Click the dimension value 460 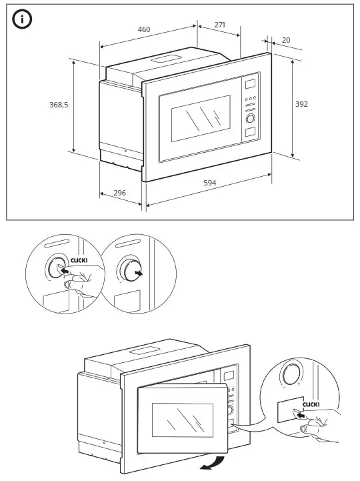click(x=143, y=29)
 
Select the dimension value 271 click(x=220, y=25)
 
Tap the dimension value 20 click(x=286, y=40)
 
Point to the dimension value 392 click(x=302, y=104)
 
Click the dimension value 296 click(x=120, y=193)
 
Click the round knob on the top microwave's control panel click(x=251, y=118)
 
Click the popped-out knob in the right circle click(x=125, y=271)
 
